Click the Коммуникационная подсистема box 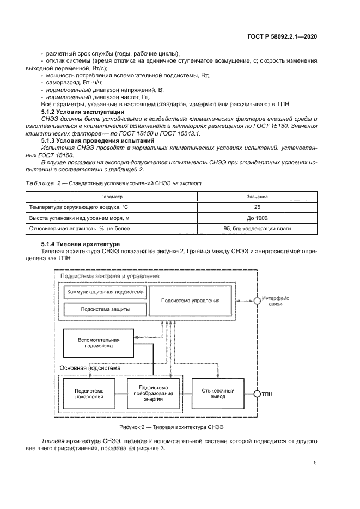[105, 292]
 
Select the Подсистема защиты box [105, 309]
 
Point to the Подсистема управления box [191, 301]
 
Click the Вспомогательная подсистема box [99, 342]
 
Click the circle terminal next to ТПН [257, 394]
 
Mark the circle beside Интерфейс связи [257, 301]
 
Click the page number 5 [315, 463]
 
